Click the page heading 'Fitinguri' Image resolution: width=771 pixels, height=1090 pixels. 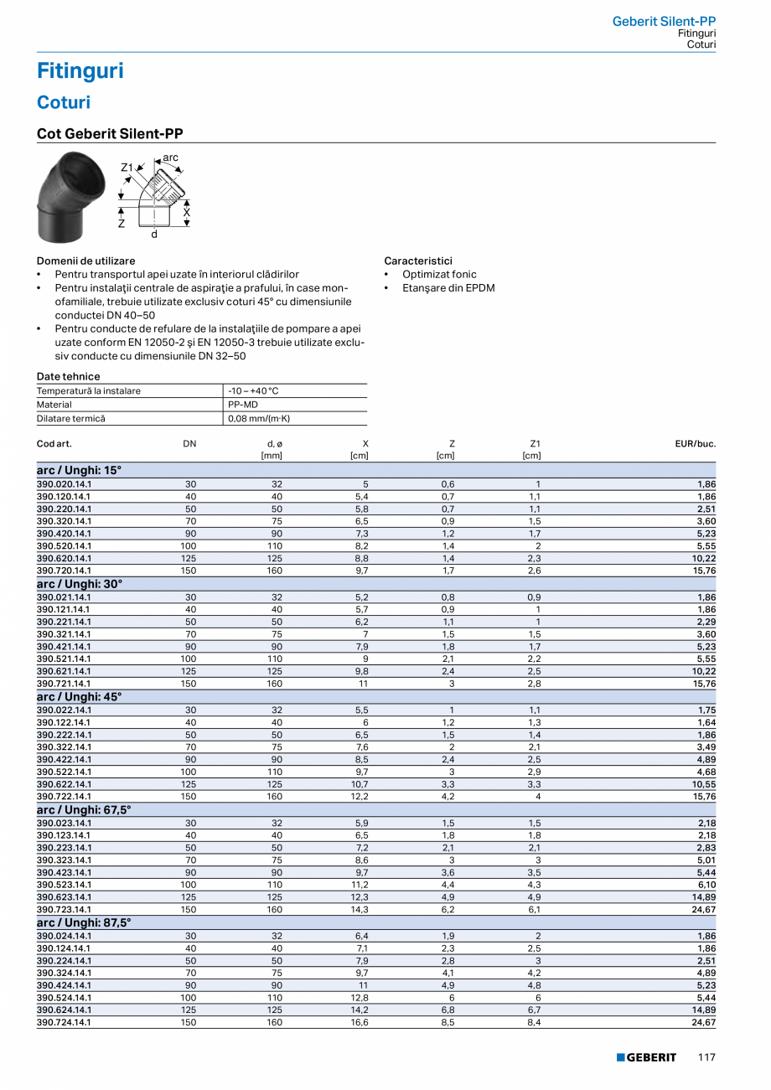(80, 71)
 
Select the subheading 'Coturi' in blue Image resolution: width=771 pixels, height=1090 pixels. (64, 103)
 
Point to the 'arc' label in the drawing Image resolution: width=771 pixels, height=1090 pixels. (170, 158)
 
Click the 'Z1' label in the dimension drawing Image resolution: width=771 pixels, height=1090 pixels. (127, 168)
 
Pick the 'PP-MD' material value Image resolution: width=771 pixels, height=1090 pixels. (243, 405)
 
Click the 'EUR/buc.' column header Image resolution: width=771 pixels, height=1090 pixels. (695, 443)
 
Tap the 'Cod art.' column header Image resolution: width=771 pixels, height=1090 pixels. (54, 443)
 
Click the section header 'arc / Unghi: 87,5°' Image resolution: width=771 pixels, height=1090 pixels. (84, 922)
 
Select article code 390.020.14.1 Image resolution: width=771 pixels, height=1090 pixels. (65, 483)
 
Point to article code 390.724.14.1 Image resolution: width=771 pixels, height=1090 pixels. (65, 1022)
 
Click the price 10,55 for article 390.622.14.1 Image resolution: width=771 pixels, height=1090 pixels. (703, 784)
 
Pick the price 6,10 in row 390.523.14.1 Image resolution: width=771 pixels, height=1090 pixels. (706, 885)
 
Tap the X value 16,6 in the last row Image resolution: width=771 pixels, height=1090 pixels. (361, 1022)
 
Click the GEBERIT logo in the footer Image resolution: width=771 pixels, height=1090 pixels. (646, 1057)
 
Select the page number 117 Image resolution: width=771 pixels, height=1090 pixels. (706, 1057)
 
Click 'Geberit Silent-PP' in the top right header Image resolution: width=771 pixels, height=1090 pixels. (664, 22)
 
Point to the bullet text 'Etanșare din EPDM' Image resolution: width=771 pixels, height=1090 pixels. (448, 288)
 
